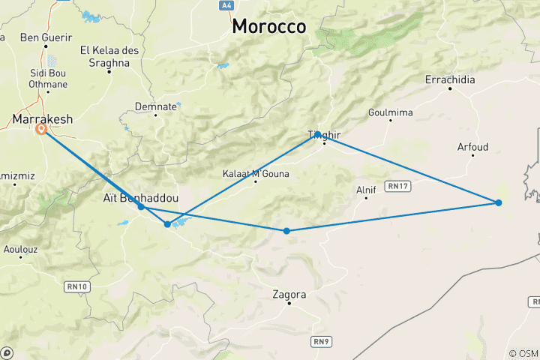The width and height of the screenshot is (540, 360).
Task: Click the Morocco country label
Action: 268,26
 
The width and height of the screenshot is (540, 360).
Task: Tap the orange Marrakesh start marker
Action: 42,129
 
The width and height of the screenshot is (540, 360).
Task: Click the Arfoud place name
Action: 472,147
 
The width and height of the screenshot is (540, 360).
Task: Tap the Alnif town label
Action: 365,190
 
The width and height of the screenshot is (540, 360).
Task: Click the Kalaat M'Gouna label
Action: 256,174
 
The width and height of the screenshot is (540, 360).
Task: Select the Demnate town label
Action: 156,107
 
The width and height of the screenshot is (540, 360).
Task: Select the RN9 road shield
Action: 320,341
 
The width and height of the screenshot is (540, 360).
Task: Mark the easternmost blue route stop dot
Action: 498,202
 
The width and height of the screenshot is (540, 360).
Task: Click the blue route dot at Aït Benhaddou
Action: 141,206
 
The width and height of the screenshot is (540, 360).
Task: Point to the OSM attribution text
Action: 523,353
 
